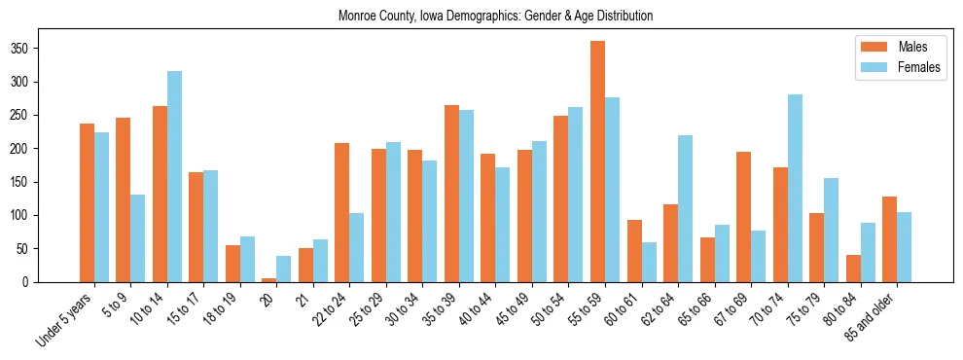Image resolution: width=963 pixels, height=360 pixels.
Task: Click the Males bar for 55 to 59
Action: pos(597,162)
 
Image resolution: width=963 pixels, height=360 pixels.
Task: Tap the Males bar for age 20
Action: pos(268,279)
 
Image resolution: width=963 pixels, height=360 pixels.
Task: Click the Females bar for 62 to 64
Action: pos(685,208)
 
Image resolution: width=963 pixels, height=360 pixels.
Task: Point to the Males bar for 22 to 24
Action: pos(341,212)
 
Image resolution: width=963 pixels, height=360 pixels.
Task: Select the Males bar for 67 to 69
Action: pos(743,217)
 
